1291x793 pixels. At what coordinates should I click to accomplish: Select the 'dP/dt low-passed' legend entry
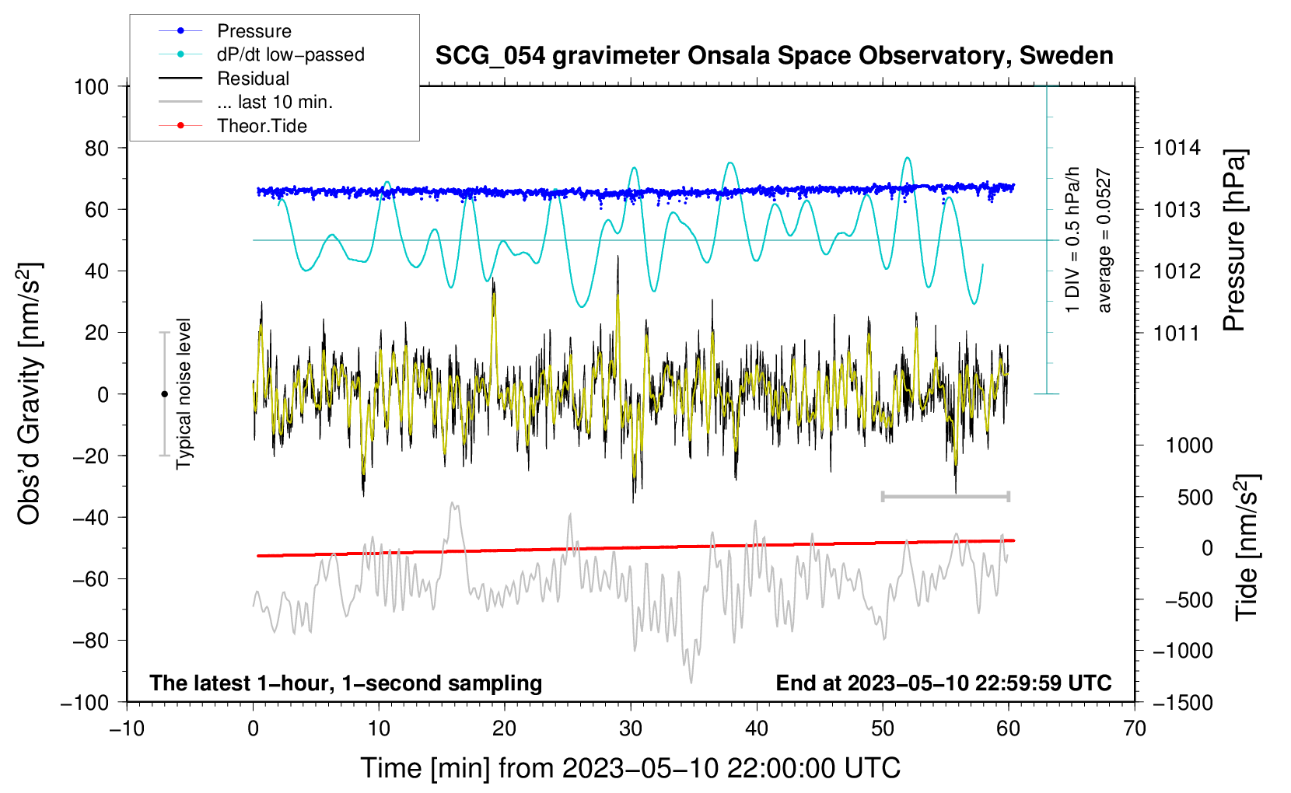click(290, 54)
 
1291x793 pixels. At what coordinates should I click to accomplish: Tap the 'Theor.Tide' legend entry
click(261, 126)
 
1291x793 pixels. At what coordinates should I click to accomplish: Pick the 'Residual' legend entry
click(253, 79)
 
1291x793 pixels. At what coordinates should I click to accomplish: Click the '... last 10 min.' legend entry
click(275, 102)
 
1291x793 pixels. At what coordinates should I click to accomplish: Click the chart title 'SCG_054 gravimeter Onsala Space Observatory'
click(774, 56)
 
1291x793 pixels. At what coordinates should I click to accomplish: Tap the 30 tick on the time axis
click(631, 728)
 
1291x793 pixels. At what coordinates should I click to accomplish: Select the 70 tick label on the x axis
click(1135, 728)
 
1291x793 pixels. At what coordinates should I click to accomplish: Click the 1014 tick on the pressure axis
click(1177, 148)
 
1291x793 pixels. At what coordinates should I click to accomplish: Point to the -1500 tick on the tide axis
click(1182, 702)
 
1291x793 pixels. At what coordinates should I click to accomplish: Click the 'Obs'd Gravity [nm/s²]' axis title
click(30, 393)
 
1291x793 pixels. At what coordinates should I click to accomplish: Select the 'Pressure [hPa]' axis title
click(1234, 241)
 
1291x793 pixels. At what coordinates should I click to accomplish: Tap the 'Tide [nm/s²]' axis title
click(1247, 547)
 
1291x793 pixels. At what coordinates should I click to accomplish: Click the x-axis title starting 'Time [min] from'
click(630, 768)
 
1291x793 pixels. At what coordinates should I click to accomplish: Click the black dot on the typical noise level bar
click(164, 394)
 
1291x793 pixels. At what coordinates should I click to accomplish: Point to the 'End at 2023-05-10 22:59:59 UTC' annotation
click(943, 683)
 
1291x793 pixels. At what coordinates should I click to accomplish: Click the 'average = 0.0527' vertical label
click(1104, 241)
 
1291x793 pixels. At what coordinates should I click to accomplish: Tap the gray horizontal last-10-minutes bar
click(945, 496)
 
